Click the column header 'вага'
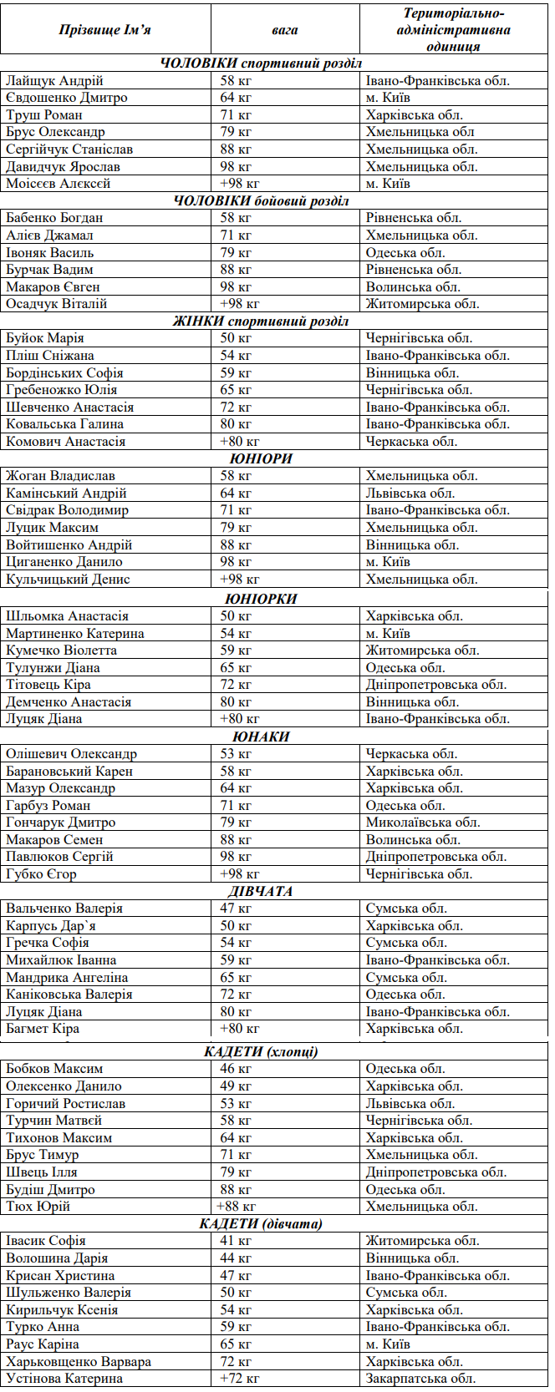(284, 30)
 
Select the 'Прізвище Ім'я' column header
(105, 30)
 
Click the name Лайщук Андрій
(54, 81)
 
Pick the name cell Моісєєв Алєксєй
(59, 184)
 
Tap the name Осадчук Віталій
(57, 304)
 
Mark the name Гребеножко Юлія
(62, 390)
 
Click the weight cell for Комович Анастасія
(240, 442)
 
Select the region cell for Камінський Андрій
(410, 494)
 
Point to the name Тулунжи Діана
(53, 668)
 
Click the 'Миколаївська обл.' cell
(423, 823)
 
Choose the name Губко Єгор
(41, 874)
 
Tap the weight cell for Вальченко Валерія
(236, 909)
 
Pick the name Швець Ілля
(42, 1172)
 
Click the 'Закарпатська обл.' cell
(420, 1379)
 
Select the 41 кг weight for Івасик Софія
(236, 1241)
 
